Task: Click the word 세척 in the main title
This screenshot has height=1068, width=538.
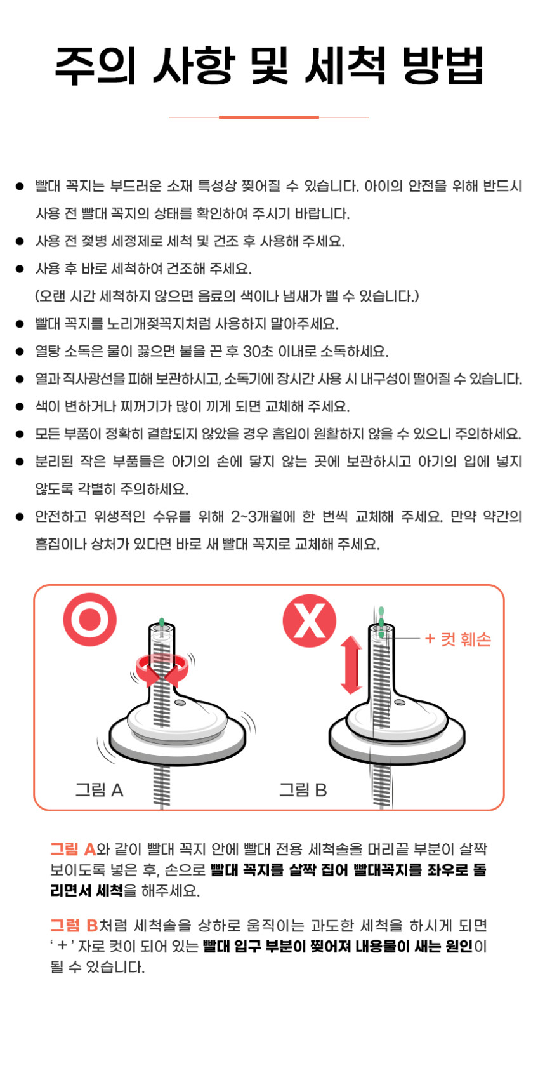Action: pyautogui.click(x=345, y=65)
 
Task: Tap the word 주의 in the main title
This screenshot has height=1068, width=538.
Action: pyautogui.click(x=96, y=65)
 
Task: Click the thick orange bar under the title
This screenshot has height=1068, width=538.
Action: pyautogui.click(x=269, y=117)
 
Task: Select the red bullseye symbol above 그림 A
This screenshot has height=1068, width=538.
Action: pyautogui.click(x=89, y=619)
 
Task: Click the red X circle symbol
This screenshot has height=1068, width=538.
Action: pyautogui.click(x=309, y=620)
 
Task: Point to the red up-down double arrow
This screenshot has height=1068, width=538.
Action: pyautogui.click(x=351, y=665)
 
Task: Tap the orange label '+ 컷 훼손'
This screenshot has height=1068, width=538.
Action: pyautogui.click(x=457, y=639)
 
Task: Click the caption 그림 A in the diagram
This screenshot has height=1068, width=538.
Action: pyautogui.click(x=99, y=790)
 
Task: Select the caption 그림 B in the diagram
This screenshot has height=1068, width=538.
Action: pyautogui.click(x=303, y=790)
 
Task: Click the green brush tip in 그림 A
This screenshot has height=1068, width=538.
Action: pyautogui.click(x=162, y=622)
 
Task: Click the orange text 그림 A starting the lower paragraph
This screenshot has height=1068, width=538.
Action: pyautogui.click(x=73, y=849)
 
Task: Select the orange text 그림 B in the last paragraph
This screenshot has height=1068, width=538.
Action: pyautogui.click(x=74, y=925)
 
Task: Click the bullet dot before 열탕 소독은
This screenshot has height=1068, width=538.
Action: pyautogui.click(x=20, y=352)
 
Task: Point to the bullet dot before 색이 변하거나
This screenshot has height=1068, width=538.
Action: pyautogui.click(x=20, y=407)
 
